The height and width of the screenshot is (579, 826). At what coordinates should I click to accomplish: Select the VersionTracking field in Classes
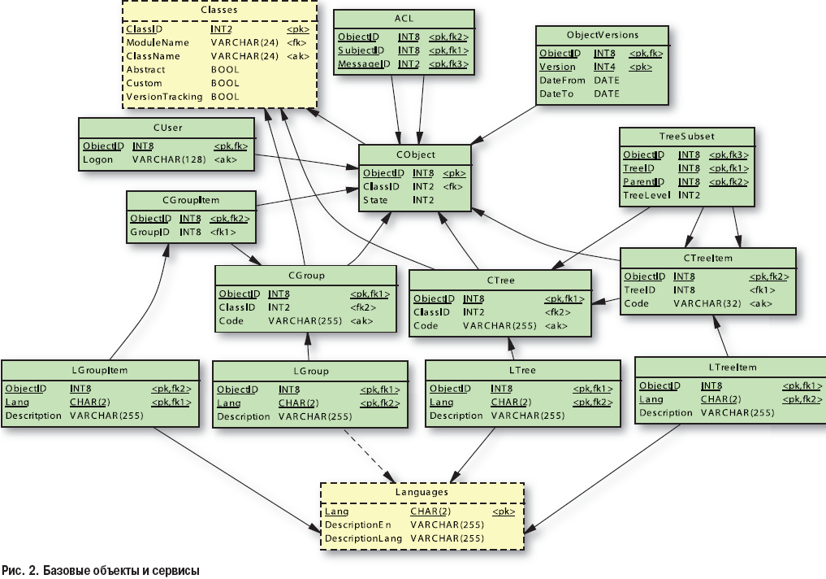point(163,96)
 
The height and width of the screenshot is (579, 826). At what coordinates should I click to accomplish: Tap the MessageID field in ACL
point(358,63)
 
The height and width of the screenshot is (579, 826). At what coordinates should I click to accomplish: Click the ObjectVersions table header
point(602,35)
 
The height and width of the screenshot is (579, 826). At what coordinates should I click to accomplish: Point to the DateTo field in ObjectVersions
point(556,94)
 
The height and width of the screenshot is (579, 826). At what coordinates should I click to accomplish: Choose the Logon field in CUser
point(97,159)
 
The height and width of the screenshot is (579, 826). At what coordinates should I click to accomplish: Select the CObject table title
point(414,155)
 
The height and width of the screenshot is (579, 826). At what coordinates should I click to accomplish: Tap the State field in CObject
point(375,199)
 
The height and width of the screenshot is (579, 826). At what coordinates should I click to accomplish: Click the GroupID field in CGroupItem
point(149,232)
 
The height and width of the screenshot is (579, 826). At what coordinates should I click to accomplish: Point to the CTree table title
point(499,280)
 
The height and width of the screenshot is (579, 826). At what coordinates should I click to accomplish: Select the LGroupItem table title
point(100,370)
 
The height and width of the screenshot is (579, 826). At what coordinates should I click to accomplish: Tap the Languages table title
point(422,492)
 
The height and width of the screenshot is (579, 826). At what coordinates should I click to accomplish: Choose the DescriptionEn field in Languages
point(357,525)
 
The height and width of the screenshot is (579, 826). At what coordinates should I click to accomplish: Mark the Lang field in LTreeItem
point(651,399)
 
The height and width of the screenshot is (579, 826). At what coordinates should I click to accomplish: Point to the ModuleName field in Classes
point(157,42)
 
